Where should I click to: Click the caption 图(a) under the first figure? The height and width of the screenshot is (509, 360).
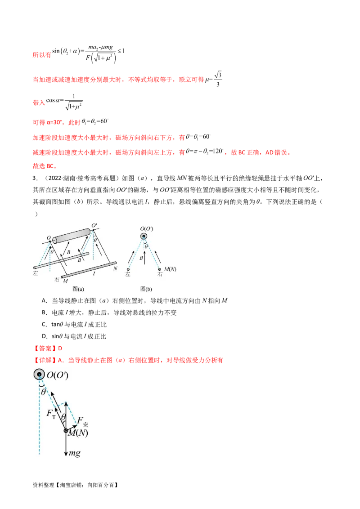[78, 289]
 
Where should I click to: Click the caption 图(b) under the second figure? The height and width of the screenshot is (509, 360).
[146, 289]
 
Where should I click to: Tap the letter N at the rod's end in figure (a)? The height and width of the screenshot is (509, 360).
[115, 268]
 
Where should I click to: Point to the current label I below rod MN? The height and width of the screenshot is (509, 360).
[94, 274]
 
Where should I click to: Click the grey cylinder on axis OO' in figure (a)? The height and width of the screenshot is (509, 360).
[72, 236]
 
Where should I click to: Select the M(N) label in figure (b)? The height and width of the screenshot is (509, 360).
[170, 269]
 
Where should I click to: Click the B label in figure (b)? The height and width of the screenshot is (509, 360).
[141, 259]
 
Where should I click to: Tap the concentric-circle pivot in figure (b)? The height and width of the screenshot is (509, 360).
[144, 236]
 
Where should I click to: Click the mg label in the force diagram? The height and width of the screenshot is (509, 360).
[74, 453]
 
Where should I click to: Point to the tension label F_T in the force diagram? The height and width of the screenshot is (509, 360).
[51, 414]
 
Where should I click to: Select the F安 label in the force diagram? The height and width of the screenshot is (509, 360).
[82, 422]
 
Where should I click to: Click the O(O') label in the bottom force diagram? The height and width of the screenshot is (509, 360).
[58, 375]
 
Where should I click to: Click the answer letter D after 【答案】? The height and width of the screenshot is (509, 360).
[60, 348]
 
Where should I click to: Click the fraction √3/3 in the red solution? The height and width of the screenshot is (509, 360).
[218, 79]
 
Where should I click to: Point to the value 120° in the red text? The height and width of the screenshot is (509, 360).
[217, 151]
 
